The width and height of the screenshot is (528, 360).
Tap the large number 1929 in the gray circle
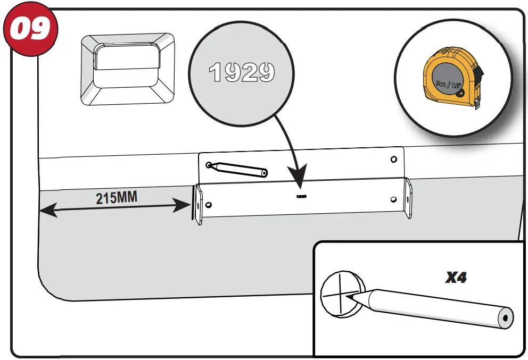[242, 72]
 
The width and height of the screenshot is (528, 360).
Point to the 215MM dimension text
[117, 198]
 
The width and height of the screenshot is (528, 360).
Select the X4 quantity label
[456, 277]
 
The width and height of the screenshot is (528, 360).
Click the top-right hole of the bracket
[393, 160]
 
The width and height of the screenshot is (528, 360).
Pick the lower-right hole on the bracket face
[393, 199]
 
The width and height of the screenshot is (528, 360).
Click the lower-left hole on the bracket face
[209, 205]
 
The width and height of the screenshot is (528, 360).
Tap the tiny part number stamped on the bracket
[301, 196]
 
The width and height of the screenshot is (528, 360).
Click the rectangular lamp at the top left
[127, 69]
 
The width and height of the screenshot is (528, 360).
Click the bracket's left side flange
[197, 205]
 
